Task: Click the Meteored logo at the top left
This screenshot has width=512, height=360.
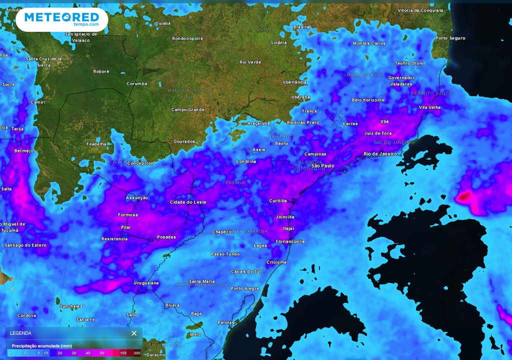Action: click(x=61, y=19)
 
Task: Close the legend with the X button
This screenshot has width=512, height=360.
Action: click(x=134, y=333)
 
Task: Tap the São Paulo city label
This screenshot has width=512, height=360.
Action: click(x=322, y=165)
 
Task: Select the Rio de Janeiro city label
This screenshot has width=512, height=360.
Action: click(x=380, y=154)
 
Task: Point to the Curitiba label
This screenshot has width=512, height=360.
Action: click(x=278, y=201)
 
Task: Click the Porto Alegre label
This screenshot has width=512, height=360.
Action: click(x=245, y=288)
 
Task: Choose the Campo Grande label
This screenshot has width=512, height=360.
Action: click(x=188, y=109)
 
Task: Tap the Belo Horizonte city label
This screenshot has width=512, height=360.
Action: click(x=368, y=100)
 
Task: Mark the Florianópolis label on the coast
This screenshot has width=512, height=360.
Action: click(x=290, y=241)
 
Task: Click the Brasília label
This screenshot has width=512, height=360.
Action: click(x=301, y=27)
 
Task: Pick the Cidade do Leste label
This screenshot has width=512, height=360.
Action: click(x=188, y=202)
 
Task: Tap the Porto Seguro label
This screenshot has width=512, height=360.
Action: click(x=450, y=38)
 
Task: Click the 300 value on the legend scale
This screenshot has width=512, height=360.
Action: click(x=136, y=353)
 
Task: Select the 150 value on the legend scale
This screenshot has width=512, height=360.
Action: click(x=123, y=353)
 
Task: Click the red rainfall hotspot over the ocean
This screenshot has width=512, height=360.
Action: click(x=464, y=196)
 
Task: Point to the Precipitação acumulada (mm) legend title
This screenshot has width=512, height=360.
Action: click(x=42, y=345)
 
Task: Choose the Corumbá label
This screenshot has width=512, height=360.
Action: click(x=137, y=83)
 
